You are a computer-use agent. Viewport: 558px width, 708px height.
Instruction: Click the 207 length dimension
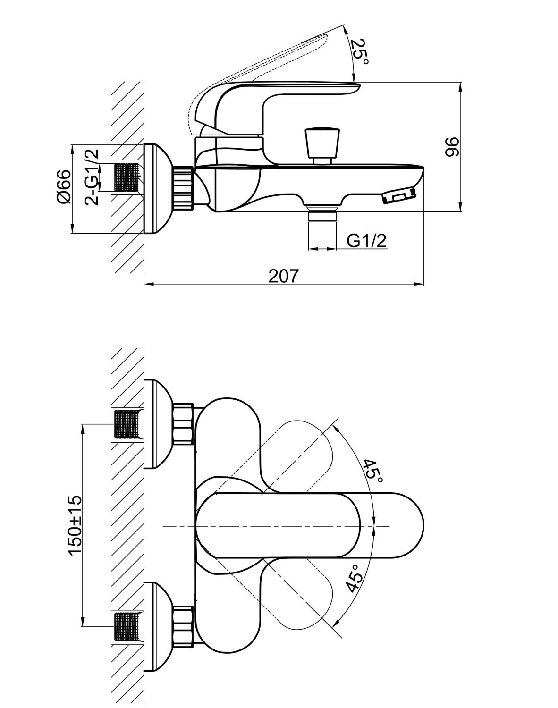click(x=284, y=275)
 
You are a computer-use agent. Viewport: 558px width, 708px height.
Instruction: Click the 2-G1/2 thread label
click(x=93, y=176)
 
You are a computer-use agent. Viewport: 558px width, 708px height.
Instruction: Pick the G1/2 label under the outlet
click(x=367, y=241)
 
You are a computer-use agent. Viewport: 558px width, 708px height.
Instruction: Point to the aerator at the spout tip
click(x=399, y=195)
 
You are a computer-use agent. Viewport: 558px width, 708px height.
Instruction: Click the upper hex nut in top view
click(x=183, y=423)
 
